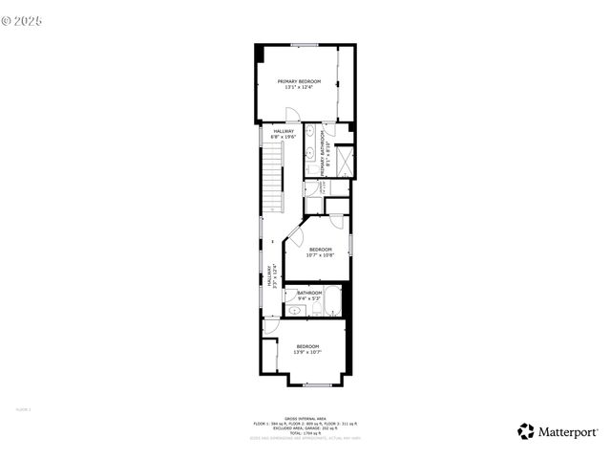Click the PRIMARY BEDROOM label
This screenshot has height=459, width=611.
tap(299, 82)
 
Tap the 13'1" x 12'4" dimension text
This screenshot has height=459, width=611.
tap(299, 88)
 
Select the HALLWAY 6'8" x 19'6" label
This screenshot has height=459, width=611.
tap(284, 134)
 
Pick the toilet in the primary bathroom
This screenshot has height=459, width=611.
tap(312, 170)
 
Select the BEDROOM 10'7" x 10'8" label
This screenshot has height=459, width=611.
tap(320, 252)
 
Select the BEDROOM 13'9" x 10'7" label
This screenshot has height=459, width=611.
tap(306, 349)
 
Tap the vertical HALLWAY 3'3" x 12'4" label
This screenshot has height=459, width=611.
tap(271, 275)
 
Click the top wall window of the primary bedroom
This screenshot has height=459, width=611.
tap(305, 45)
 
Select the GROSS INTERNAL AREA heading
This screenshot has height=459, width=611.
tap(305, 418)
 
